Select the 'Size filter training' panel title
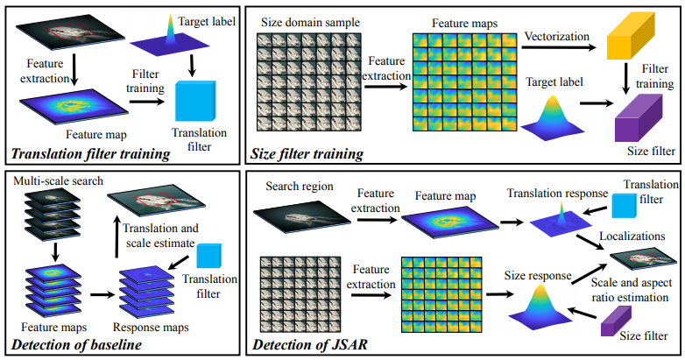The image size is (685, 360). tap(308, 155)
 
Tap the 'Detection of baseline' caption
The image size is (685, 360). tap(74, 345)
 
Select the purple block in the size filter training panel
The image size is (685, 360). tap(638, 117)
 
